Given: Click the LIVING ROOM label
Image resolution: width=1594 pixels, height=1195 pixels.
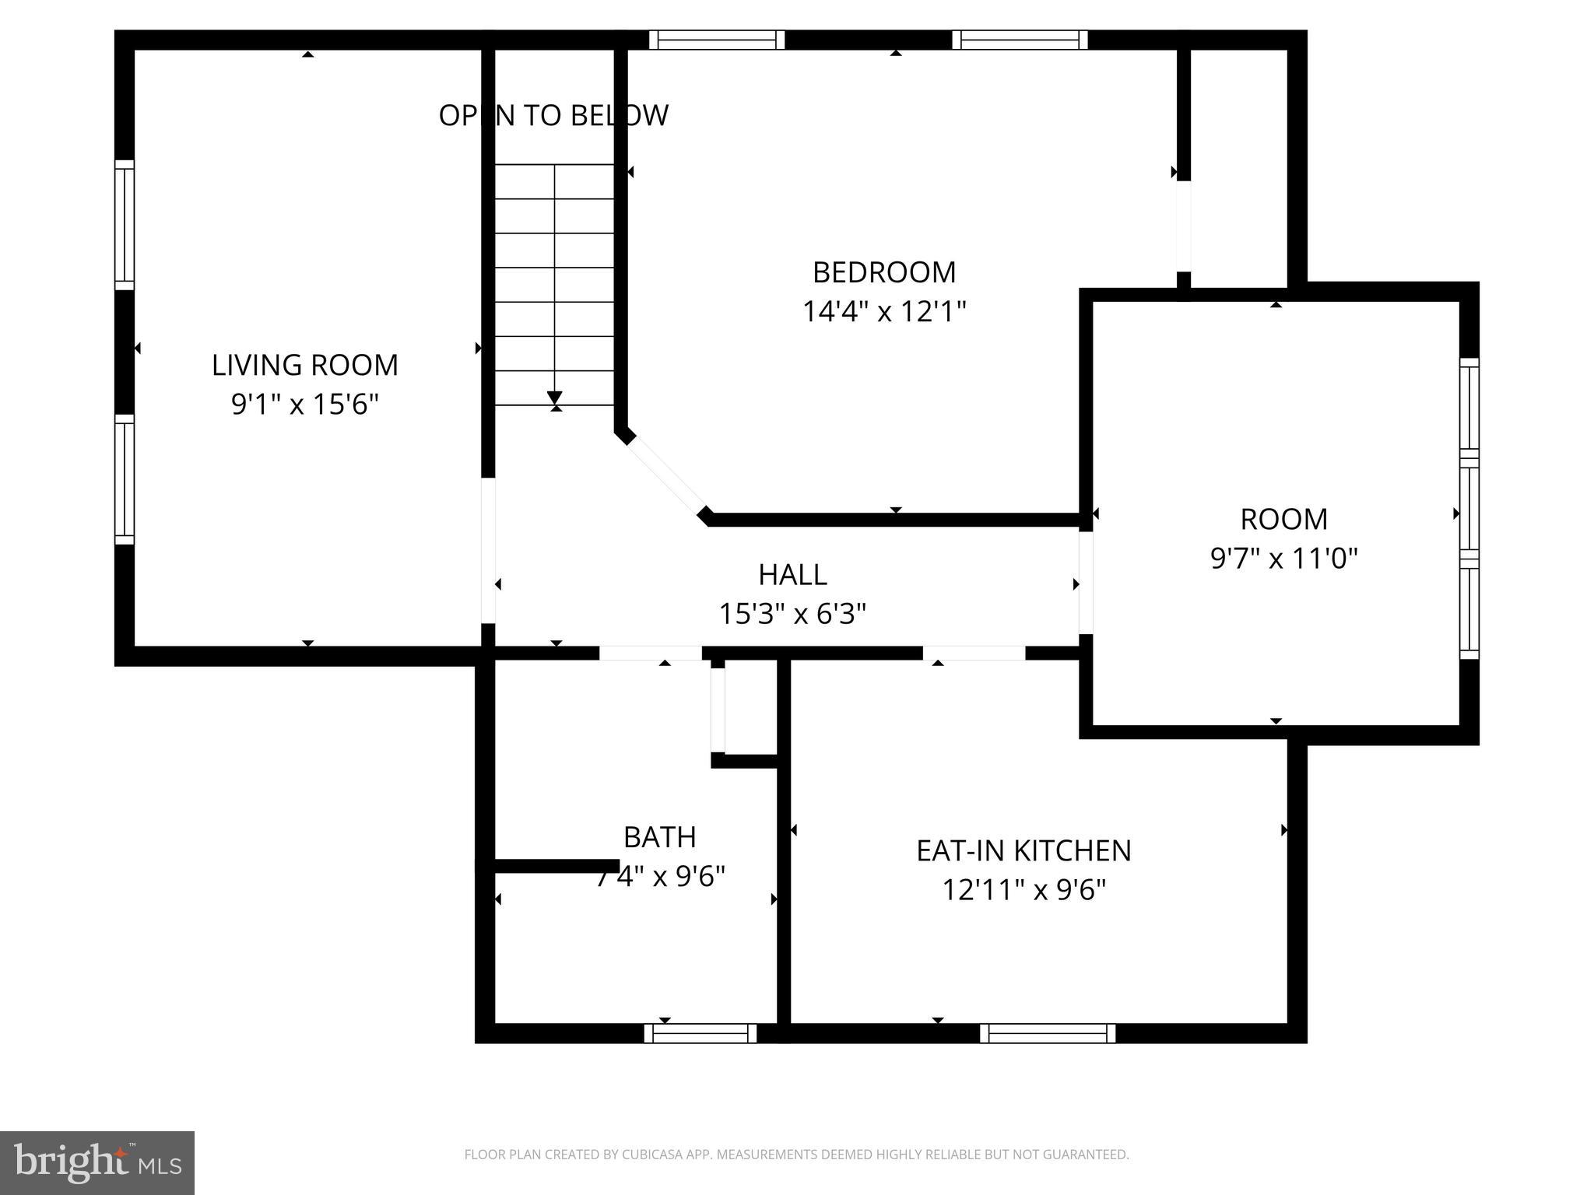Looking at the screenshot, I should coord(304,365).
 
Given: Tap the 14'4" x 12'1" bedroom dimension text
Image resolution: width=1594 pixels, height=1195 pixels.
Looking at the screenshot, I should coord(884,312).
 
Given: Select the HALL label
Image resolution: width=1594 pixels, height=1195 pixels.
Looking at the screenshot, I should coord(792,575).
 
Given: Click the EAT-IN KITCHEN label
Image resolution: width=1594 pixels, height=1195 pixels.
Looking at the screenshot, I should coord(1023,850).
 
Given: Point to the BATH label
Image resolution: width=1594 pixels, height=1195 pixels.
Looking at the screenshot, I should coord(659,837).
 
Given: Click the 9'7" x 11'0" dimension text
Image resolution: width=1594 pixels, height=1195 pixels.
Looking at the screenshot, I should coord(1283,559).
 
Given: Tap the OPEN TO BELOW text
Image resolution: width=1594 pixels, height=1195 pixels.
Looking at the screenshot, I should coord(553,115).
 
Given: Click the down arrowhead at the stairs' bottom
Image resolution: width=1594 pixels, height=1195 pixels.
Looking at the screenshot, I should coord(555,397).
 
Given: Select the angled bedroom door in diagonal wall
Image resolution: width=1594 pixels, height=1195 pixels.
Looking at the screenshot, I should coord(666,475).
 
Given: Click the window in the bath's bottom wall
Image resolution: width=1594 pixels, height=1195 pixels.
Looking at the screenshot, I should coord(700,1033).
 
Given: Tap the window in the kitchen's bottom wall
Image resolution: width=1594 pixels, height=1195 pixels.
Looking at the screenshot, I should coord(1047,1033).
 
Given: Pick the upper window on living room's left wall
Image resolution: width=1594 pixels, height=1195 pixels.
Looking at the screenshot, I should coord(125,225).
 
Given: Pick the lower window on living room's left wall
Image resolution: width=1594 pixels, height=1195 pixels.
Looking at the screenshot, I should coord(125,479).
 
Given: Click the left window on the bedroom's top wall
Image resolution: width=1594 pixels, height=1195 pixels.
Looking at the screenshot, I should coord(716,40).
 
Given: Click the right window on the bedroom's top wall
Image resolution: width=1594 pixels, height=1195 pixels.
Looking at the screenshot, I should coord(1019,40).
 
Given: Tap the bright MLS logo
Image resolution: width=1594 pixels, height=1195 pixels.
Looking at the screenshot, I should coord(97,1162).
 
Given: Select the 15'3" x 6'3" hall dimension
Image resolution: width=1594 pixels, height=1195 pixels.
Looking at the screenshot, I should coord(792,615).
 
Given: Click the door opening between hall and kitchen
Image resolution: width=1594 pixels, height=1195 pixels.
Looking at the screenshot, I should coord(974,653).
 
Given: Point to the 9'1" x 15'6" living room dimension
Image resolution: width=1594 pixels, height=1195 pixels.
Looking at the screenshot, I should coord(304,405).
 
